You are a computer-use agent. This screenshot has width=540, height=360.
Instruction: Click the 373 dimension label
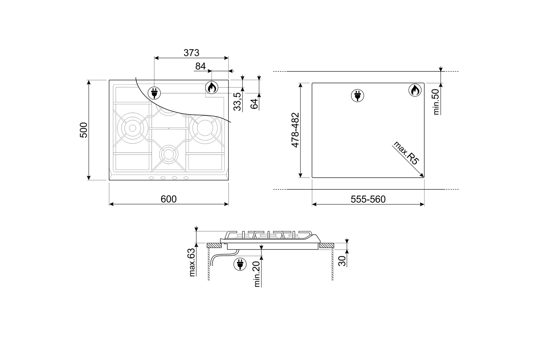pyautogui.click(x=191, y=53)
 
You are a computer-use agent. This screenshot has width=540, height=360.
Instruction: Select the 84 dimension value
pyautogui.click(x=200, y=66)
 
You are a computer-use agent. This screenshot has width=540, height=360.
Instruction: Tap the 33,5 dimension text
pyautogui.click(x=238, y=101)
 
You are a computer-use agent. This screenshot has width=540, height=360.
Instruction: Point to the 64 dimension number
pyautogui.click(x=254, y=103)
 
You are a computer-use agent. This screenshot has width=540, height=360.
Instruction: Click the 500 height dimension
pyautogui.click(x=84, y=130)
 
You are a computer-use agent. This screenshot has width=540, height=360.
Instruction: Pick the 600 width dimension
pyautogui.click(x=169, y=199)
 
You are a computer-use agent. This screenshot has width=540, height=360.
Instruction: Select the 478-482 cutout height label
pyautogui.click(x=295, y=130)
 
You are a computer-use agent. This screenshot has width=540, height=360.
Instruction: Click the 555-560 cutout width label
pyautogui.click(x=368, y=199)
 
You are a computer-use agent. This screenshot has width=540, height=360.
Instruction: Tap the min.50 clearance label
pyautogui.click(x=436, y=102)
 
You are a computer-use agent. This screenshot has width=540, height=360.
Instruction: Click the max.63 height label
pyautogui.click(x=192, y=262)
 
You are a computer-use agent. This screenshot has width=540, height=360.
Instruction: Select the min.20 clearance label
pyautogui.click(x=257, y=274)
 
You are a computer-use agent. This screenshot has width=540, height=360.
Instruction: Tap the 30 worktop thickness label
pyautogui.click(x=342, y=260)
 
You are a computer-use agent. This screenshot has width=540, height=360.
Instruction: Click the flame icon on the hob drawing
pyautogui.click(x=212, y=88)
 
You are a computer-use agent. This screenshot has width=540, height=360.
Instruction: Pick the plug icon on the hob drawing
pyautogui.click(x=154, y=93)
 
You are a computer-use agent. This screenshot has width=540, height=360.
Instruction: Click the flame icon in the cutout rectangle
pyautogui.click(x=415, y=90)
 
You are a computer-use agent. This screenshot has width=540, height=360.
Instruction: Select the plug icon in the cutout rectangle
pyautogui.click(x=357, y=96)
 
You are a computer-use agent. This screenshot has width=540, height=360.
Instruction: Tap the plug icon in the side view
pyautogui.click(x=240, y=264)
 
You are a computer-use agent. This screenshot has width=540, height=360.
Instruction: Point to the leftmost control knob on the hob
pyautogui.click(x=151, y=178)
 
